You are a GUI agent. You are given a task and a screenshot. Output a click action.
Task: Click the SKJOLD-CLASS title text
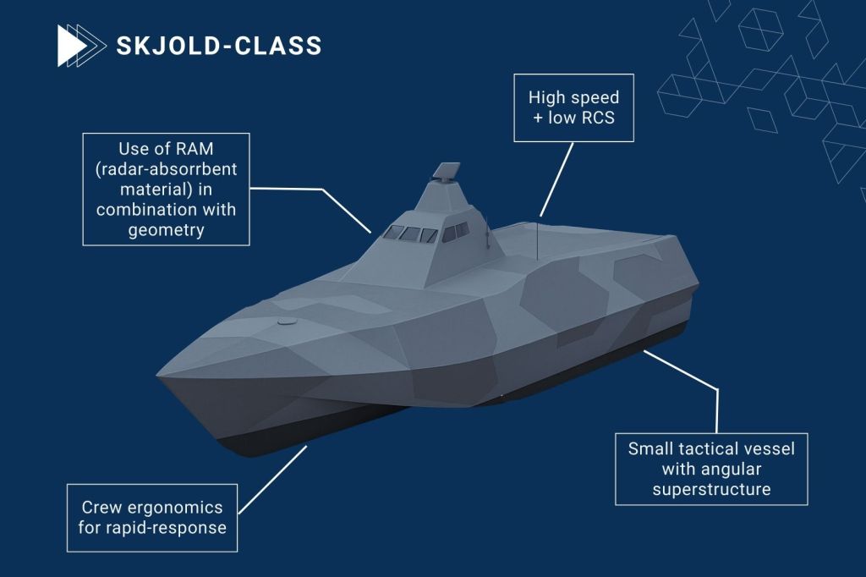218,45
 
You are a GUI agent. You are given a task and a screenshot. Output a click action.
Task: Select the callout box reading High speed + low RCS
573,107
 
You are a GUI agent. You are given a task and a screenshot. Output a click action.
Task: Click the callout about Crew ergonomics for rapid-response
152,518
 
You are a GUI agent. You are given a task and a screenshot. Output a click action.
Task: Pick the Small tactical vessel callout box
711,468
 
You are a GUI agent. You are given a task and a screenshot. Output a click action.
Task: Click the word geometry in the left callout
165,228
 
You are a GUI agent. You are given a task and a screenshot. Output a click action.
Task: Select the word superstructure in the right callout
711,489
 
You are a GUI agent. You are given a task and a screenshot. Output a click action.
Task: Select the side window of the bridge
455,232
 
